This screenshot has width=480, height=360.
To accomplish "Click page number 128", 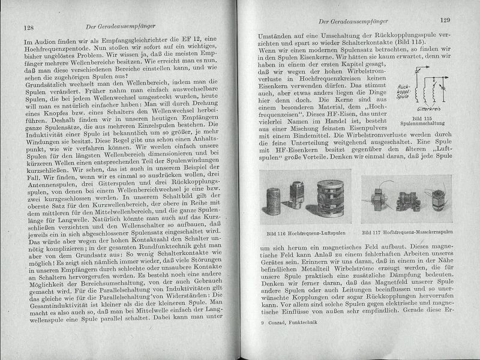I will tap(28, 28).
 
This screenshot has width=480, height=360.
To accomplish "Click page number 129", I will tap(444, 20).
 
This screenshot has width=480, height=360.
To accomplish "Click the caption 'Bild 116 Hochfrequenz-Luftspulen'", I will tap(301, 231).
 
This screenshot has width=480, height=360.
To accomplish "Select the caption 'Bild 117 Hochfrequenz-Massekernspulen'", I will tap(407, 231).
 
